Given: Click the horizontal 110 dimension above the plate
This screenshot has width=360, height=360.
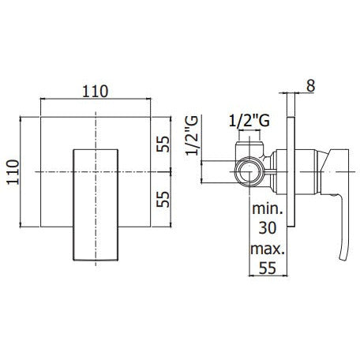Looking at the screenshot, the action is tap(96, 92).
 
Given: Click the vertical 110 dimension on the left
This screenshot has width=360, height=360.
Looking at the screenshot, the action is tap(13, 172).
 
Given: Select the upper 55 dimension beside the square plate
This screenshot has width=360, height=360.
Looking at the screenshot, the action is tap(163, 144).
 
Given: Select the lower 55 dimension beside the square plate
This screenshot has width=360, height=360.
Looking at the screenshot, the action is tap(163, 199).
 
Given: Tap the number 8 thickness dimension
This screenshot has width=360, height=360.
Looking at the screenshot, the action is tap(311, 86).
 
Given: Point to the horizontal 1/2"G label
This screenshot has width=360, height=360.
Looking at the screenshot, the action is tap(249, 121).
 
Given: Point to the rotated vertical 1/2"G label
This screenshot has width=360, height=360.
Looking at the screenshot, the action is tap(192, 136).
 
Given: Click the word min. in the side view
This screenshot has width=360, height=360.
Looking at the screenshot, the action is tap(268, 208).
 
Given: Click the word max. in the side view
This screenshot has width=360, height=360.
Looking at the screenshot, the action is tap(268, 249).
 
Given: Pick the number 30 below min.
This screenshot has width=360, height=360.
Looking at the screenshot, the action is tap(268, 227).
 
